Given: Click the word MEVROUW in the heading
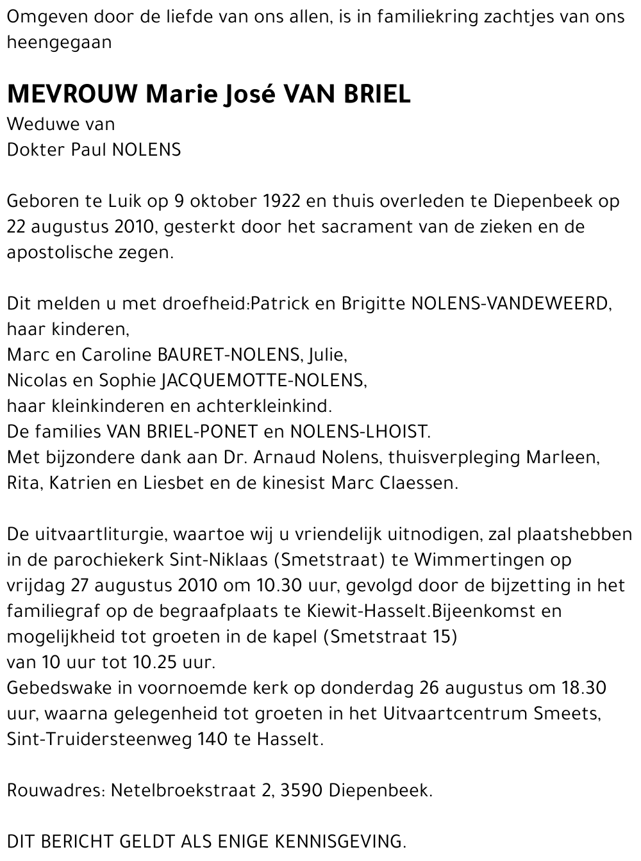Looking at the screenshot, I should point(72,95).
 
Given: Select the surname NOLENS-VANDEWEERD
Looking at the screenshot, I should point(510,304).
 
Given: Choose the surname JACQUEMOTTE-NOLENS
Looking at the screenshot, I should point(263,381).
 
